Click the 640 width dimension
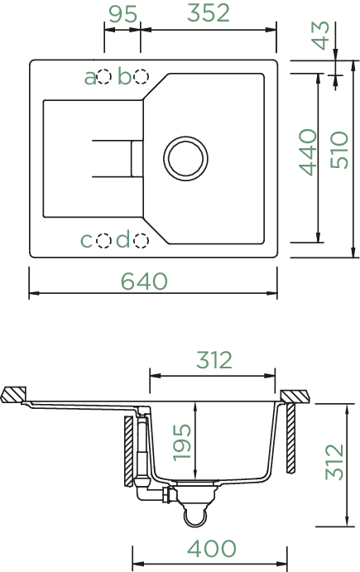point(144,281)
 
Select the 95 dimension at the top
point(123,14)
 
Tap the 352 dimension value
point(209,12)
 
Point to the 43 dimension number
point(321,35)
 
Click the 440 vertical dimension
point(308,152)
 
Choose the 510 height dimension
point(339,150)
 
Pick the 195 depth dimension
point(182,442)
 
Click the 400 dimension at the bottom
point(212,548)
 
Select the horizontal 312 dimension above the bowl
point(214,360)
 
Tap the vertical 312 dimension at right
point(334,462)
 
